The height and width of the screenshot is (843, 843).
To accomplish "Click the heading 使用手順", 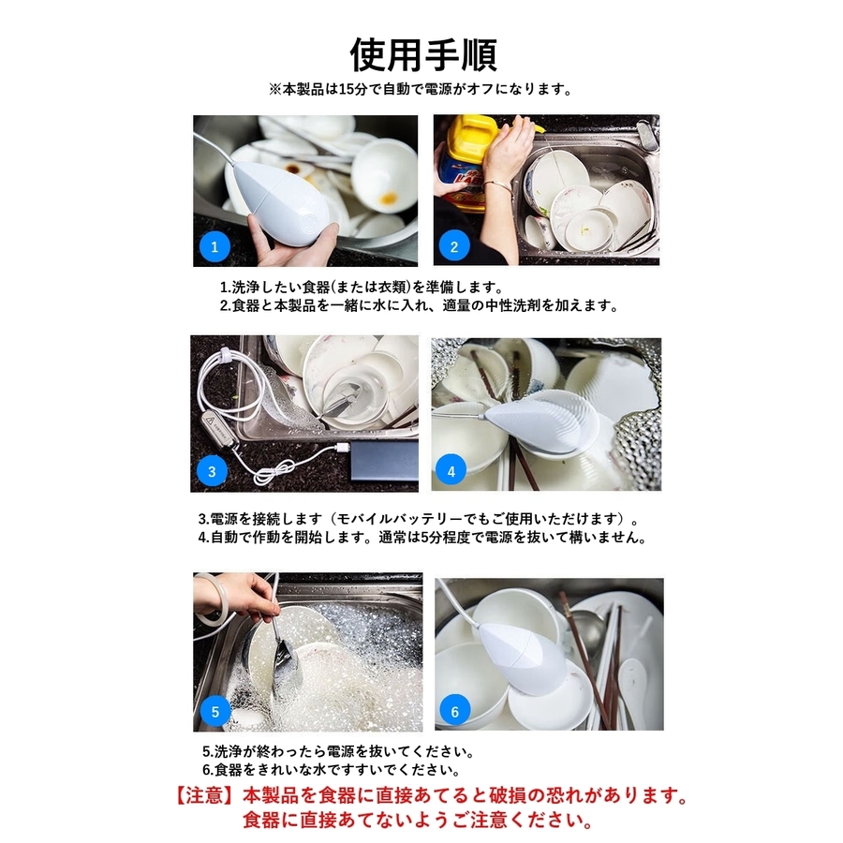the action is (423, 55).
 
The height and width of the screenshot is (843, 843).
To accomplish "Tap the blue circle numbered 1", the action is (214, 246).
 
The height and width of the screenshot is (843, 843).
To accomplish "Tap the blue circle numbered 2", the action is (454, 246).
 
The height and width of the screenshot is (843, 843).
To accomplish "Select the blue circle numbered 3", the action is (212, 471).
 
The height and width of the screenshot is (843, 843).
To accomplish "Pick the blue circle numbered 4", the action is (451, 471).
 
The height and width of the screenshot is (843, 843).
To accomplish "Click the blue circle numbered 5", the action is (215, 712).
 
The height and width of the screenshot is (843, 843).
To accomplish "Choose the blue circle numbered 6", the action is (455, 712).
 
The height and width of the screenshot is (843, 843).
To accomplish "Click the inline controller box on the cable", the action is (220, 431).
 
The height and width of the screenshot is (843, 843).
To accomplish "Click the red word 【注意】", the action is (206, 795).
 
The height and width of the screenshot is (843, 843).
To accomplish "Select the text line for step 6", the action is (332, 770).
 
